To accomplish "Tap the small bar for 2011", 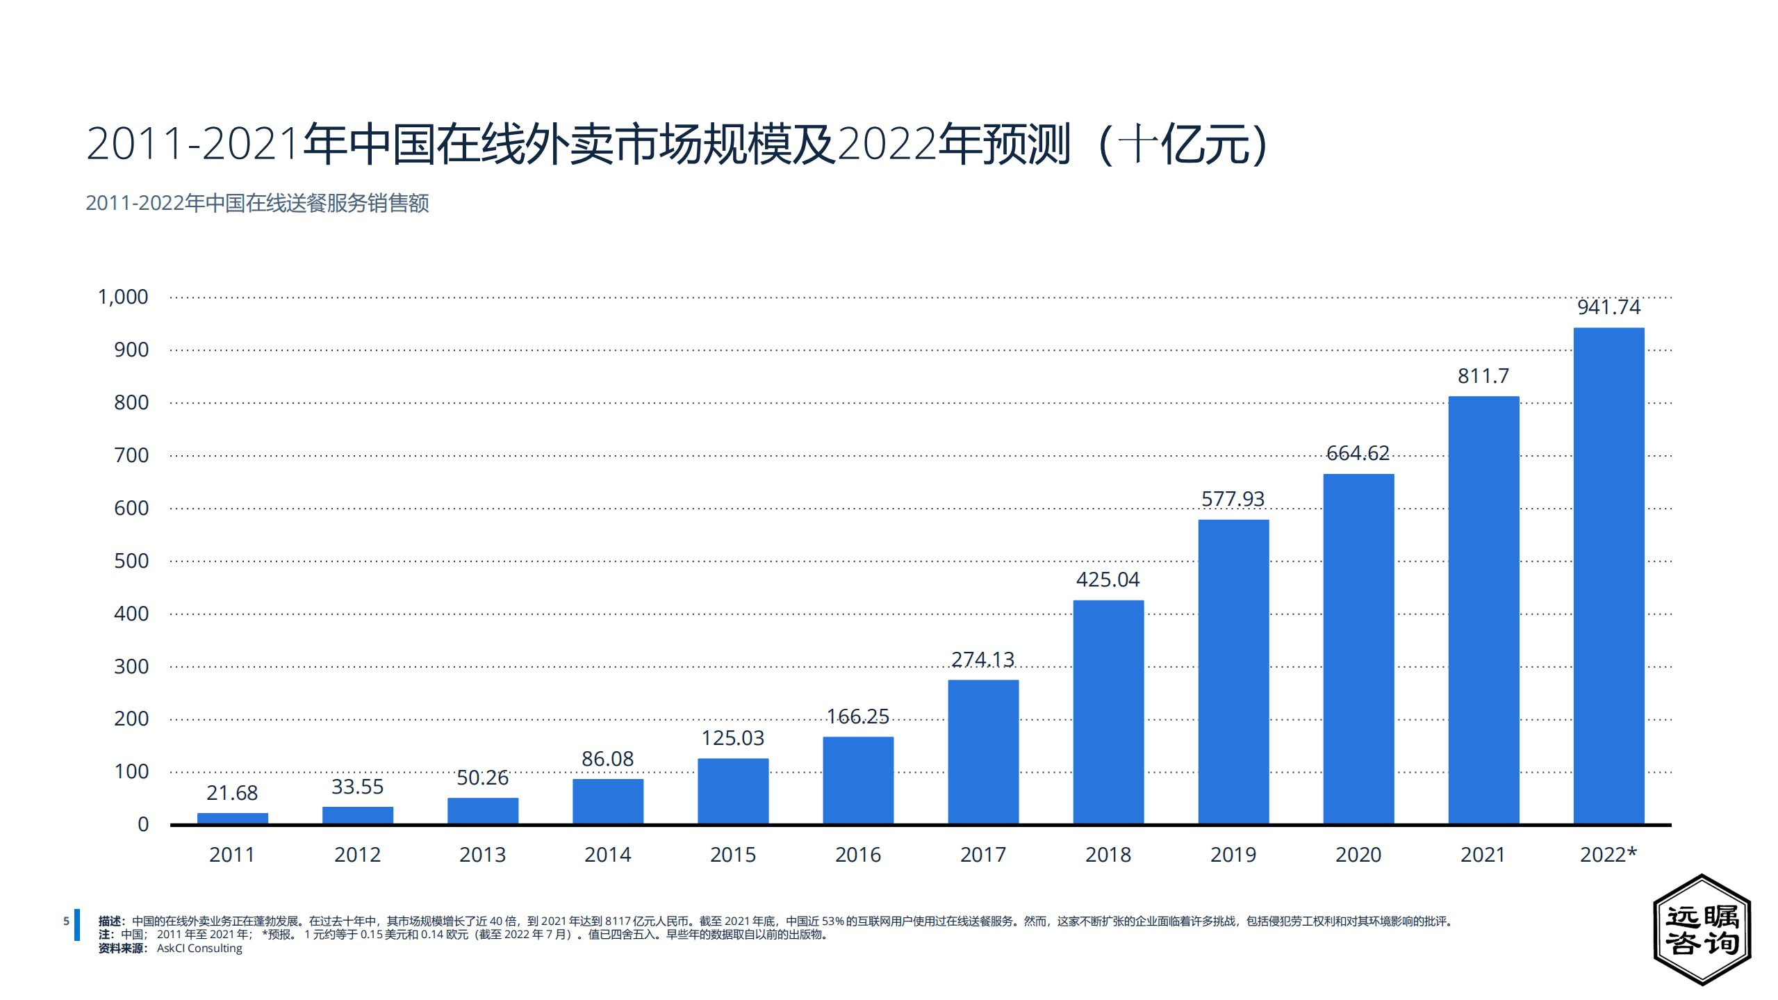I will [x=232, y=818].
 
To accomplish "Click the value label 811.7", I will [x=1483, y=376].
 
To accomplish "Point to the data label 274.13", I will [x=982, y=659].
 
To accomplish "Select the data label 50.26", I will [x=482, y=778].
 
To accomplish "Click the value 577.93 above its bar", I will [x=1233, y=499].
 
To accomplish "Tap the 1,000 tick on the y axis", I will [x=123, y=297].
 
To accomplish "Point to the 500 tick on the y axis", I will [x=131, y=561].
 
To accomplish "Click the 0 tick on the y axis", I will [x=143, y=824].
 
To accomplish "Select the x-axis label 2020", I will [x=1358, y=855].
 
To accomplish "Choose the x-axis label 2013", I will [x=482, y=855].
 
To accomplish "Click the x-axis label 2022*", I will [x=1608, y=855].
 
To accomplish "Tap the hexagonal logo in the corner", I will [x=1702, y=929].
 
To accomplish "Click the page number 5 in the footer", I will [x=66, y=921].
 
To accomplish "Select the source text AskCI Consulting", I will [x=199, y=949].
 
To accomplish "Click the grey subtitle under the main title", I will [x=257, y=203].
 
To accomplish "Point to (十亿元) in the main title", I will [x=1185, y=145].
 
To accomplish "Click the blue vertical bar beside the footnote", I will [x=77, y=924].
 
